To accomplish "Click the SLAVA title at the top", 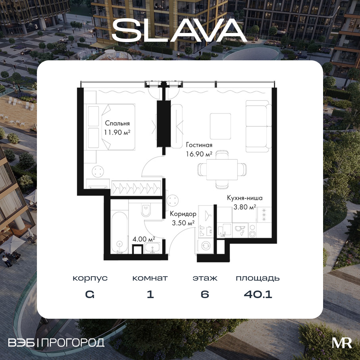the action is (x=179, y=31).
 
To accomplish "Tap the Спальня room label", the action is (x=117, y=123).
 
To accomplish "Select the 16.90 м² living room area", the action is (x=199, y=154).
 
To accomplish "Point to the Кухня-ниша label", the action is (x=245, y=198).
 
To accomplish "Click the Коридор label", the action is (x=183, y=214).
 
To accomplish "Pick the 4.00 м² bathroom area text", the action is (x=144, y=239).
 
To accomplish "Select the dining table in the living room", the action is (x=222, y=169).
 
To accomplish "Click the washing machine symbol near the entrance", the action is (x=206, y=245).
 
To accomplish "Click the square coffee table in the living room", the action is (x=220, y=126).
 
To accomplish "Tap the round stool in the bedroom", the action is (x=98, y=171).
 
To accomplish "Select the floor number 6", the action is (x=205, y=294).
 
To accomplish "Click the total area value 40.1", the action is (x=258, y=294).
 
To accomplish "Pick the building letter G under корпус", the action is (x=90, y=295).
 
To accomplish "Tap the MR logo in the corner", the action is (x=342, y=343).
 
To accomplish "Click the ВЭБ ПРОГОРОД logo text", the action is (x=56, y=343).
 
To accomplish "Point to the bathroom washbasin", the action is (x=152, y=249).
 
